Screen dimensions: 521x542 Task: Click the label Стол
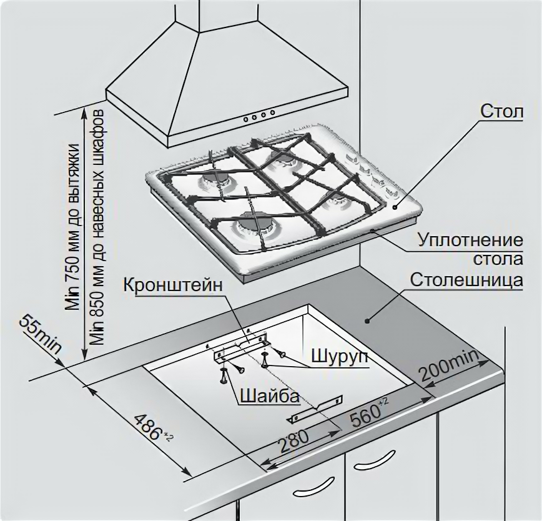(x=500, y=112)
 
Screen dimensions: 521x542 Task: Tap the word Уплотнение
(x=469, y=240)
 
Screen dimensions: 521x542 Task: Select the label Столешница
(x=466, y=279)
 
